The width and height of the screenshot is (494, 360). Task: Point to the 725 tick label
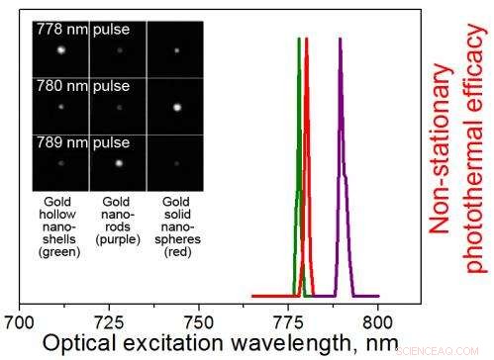109,322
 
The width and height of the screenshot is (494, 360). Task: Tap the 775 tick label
288,322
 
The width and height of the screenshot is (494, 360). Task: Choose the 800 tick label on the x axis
377,322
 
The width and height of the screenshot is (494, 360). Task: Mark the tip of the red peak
307,39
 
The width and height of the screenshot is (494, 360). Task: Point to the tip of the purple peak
340,39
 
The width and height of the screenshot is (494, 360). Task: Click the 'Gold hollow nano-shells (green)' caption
60,226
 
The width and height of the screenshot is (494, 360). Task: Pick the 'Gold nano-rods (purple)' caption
118,226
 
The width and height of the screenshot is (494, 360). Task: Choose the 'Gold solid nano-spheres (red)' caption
175,226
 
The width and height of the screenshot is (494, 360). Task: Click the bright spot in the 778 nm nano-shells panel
61,48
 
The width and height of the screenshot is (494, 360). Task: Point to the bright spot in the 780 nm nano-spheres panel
176,105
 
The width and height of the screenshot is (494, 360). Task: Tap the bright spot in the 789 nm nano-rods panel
119,162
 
